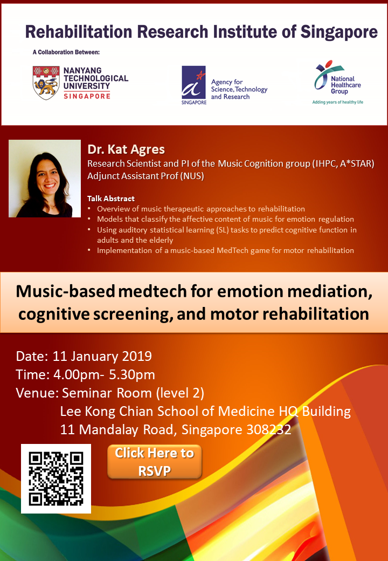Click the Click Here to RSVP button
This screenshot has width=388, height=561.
154,462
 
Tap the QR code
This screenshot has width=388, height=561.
56,478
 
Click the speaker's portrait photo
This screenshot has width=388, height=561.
45,179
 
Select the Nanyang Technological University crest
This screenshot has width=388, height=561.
46,83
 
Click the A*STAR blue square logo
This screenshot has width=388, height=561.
193,83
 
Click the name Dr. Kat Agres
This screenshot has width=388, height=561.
126,149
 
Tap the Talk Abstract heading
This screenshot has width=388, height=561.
111,199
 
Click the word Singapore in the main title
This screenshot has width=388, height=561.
339,32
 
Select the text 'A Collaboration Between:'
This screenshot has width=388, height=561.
66,52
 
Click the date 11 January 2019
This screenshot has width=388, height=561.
102,357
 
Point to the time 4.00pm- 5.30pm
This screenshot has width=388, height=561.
104,374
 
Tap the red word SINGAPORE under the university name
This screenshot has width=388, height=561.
87,96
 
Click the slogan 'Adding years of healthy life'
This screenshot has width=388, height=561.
338,102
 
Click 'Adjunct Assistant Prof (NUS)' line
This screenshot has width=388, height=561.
145,176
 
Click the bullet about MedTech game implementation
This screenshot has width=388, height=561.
225,250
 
